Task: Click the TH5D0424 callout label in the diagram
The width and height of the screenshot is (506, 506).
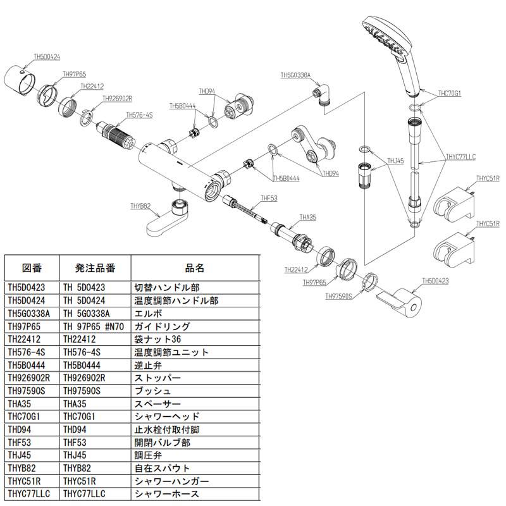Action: pos(46,57)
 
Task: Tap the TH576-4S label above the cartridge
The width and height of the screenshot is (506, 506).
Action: pos(139,115)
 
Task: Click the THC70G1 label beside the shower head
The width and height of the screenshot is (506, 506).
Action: pos(450,93)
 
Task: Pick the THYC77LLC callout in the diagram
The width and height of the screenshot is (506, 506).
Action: pos(460,155)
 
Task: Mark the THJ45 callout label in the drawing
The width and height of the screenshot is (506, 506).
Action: pos(395,161)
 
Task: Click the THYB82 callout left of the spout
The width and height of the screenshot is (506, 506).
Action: pos(140,206)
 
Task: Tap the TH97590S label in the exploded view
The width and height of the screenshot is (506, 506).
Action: pos(340,295)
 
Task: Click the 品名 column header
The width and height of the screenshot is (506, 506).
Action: pos(195,267)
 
